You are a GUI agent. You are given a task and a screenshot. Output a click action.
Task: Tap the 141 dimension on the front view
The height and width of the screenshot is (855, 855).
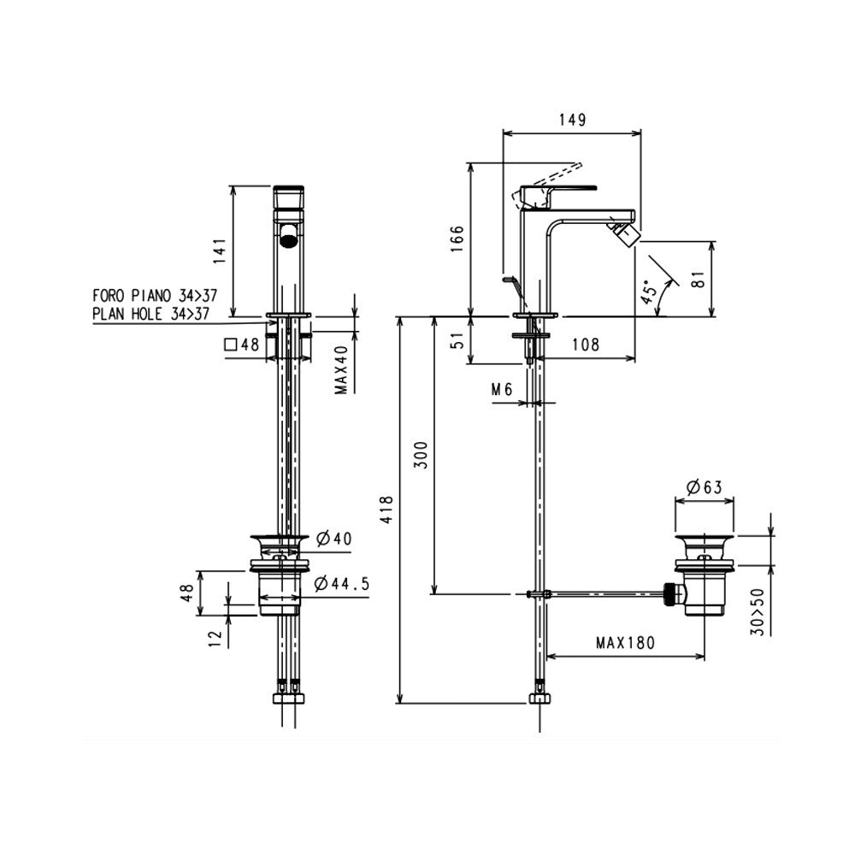coord(220,251)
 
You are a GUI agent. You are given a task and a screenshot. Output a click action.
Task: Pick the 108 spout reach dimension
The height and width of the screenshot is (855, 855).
coord(584,345)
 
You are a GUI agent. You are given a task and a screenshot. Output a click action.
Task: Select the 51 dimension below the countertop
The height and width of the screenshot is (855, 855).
coord(457,340)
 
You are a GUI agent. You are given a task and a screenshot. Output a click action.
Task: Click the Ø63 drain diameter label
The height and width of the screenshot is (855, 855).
coord(704,487)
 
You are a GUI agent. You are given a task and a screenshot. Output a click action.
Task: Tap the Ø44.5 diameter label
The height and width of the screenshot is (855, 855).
coord(342,584)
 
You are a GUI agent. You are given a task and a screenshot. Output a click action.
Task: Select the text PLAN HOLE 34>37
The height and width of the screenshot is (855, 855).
coord(151,314)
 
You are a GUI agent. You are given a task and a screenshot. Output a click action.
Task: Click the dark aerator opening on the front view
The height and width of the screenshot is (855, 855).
coord(291,234)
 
